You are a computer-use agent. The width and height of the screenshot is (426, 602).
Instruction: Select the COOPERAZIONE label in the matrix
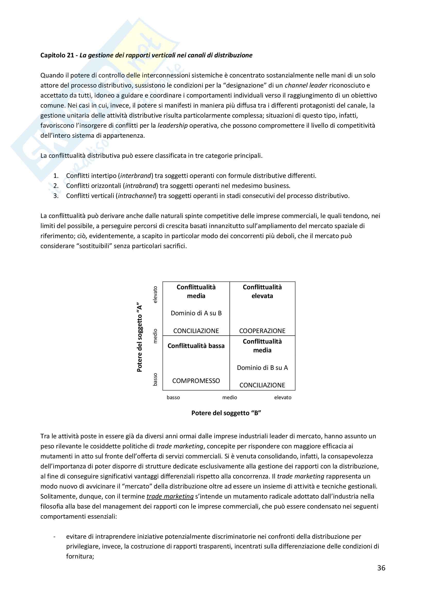point(262,331)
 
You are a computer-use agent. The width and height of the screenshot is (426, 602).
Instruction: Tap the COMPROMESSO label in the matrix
point(196,380)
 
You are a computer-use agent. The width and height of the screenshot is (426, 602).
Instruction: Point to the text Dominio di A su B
point(196,313)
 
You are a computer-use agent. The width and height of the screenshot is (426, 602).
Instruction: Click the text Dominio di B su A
point(262,368)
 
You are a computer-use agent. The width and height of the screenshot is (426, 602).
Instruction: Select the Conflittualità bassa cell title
point(196,346)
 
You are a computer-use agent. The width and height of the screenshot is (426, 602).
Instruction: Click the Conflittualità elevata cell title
point(262,292)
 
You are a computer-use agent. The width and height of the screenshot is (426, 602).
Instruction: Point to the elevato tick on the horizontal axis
point(283,397)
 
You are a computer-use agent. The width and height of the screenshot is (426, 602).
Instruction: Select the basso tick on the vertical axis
point(155,379)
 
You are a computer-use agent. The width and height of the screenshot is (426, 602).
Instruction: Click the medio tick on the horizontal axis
point(229,397)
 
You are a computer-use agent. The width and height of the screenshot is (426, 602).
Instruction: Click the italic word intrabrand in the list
point(141,186)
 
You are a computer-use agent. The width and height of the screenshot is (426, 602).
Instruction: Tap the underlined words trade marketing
point(170,496)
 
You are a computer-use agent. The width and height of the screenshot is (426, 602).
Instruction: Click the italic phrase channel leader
point(306,85)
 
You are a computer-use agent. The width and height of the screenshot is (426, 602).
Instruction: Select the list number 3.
point(56,196)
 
